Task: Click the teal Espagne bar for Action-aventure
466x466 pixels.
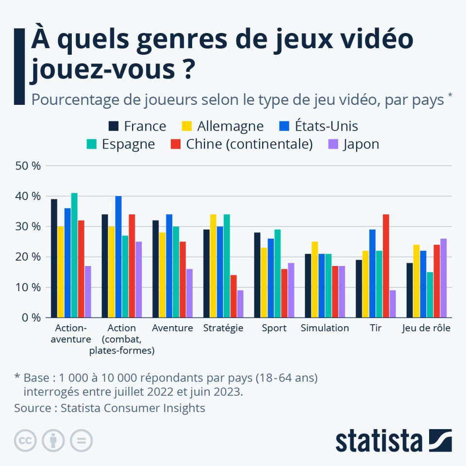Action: [x=74, y=255]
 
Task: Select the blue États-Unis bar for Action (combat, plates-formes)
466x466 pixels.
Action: [x=118, y=257]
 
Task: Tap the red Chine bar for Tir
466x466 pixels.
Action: [x=386, y=266]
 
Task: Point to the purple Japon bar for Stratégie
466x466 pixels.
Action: [x=240, y=304]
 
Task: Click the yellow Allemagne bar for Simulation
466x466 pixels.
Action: [x=315, y=280]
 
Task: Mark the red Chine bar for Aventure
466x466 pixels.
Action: [x=183, y=280]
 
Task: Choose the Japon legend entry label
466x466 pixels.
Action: [x=361, y=144]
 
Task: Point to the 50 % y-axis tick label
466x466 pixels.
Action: [x=29, y=166]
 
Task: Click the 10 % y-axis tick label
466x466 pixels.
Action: [x=29, y=287]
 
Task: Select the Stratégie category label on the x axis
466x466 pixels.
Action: [x=223, y=328]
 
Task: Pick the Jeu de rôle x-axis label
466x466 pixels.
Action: [x=426, y=328]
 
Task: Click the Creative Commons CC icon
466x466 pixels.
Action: [x=26, y=441]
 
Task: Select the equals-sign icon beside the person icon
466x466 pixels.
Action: [x=81, y=441]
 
